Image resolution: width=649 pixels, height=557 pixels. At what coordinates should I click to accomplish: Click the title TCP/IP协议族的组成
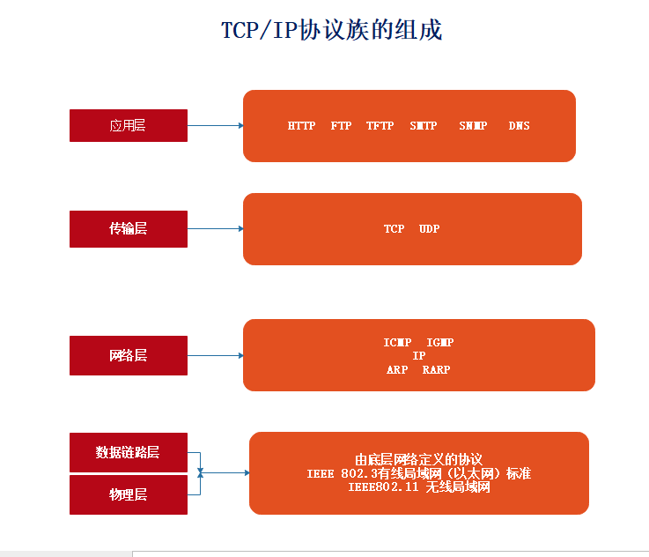331,30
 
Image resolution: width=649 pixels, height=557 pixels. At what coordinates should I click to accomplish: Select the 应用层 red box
129,125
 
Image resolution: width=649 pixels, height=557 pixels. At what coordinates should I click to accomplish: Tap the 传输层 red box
129,229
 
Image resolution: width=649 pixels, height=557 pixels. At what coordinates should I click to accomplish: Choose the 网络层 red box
129,355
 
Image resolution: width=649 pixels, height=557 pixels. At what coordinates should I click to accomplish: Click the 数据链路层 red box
129,452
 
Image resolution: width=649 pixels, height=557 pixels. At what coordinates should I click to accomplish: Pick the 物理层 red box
129,494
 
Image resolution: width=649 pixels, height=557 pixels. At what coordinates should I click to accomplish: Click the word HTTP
301,125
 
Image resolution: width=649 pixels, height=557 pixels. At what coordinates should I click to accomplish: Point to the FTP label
341,125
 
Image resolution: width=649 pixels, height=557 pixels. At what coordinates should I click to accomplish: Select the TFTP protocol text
380,125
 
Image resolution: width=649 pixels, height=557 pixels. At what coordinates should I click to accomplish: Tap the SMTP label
424,125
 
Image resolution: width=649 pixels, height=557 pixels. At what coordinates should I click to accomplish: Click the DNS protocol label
519,125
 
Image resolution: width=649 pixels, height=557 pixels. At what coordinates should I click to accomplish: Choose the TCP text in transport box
394,228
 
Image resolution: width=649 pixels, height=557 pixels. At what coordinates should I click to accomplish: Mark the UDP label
429,228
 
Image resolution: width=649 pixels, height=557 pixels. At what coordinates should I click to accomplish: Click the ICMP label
397,343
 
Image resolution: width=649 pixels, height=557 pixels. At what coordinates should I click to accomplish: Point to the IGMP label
440,343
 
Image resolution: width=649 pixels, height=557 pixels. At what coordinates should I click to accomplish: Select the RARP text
436,369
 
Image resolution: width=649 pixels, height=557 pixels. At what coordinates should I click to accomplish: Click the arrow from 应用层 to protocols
215,125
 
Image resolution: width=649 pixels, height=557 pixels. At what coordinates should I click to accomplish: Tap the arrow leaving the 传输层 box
215,228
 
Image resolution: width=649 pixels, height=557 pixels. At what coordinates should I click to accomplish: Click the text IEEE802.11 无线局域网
419,487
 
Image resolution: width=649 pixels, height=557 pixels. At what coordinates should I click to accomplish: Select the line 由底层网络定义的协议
419,459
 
